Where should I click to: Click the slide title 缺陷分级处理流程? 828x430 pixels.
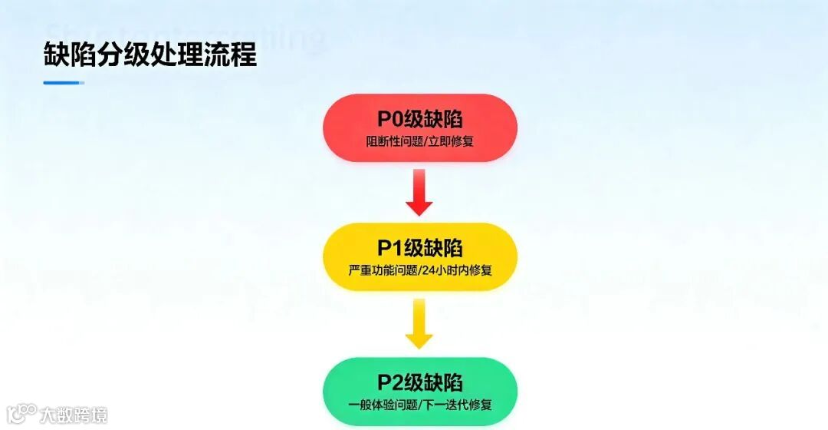[150, 55]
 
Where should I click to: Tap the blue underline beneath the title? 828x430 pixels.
[64, 83]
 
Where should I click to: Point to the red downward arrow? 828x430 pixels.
[419, 193]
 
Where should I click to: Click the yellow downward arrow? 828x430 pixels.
[419, 323]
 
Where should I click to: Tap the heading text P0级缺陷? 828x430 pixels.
[419, 119]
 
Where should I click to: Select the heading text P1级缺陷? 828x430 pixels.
[419, 248]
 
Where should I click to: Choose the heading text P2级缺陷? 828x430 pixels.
[419, 382]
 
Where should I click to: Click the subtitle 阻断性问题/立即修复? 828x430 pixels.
[419, 142]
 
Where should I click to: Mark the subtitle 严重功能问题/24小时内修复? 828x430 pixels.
[419, 270]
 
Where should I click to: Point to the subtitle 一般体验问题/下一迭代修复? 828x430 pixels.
[419, 405]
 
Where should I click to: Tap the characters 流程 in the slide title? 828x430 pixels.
[236, 55]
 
